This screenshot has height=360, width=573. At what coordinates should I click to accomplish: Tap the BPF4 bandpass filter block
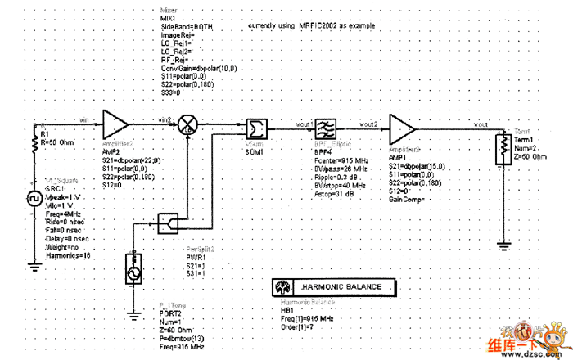pyautogui.click(x=325, y=128)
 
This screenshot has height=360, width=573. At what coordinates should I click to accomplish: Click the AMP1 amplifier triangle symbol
pyautogui.click(x=402, y=128)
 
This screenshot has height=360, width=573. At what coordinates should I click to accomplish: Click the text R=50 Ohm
pyautogui.click(x=58, y=142)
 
